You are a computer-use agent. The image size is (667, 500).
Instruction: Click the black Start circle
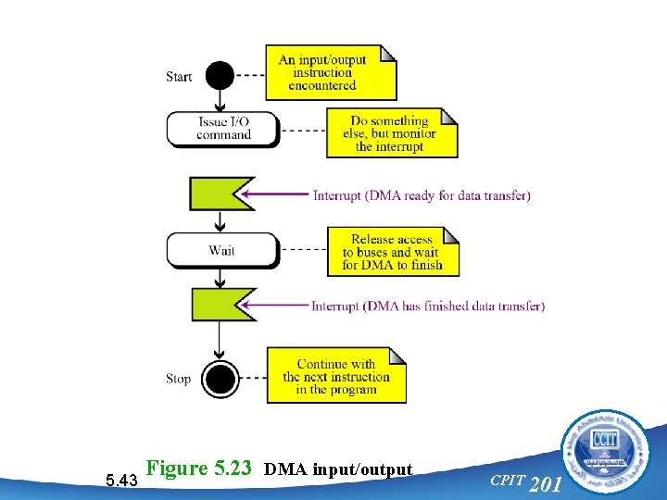(x=220, y=75)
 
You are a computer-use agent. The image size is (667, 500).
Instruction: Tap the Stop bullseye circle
(x=220, y=378)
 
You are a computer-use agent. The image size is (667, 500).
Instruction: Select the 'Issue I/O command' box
(x=222, y=129)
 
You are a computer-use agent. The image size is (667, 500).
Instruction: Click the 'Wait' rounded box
(x=222, y=250)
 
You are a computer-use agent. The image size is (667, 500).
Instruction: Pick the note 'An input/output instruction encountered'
(x=330, y=72)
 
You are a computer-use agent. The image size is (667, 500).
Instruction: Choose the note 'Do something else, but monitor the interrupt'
(x=391, y=133)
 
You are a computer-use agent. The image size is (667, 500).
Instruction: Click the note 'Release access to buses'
(x=392, y=252)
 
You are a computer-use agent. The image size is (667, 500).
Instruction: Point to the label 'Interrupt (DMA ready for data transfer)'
(x=422, y=195)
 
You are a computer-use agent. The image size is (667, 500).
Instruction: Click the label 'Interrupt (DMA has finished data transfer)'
(x=428, y=306)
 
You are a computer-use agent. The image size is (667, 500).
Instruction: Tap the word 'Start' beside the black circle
(x=179, y=76)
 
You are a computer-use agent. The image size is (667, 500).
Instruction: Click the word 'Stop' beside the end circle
(x=179, y=379)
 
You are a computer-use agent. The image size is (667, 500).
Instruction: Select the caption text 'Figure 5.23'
(x=199, y=469)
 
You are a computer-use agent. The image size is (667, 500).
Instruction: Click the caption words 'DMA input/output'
(x=337, y=469)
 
